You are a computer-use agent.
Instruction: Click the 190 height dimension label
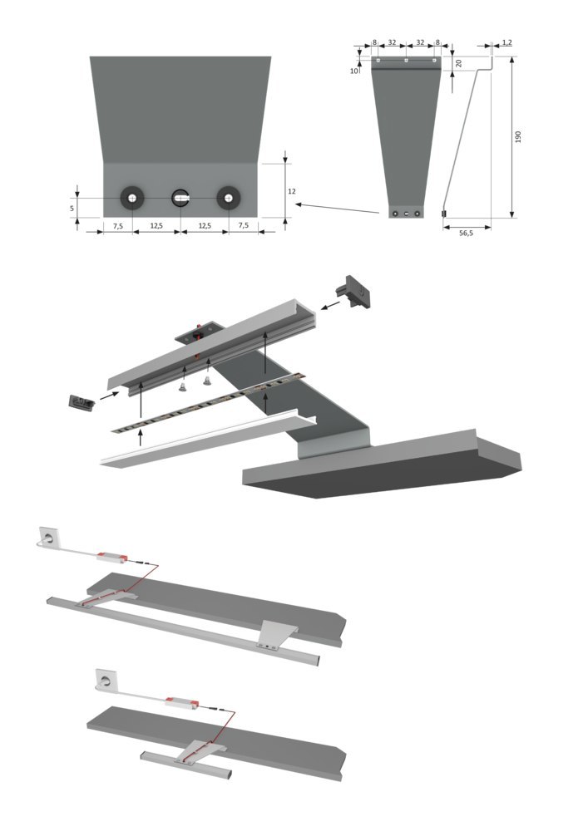pos(517,136)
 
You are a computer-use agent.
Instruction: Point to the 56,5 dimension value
pos(467,234)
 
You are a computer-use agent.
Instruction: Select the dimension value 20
pos(458,63)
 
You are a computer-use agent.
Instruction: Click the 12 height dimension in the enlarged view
pos(291,191)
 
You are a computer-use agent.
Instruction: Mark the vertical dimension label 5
pos(72,207)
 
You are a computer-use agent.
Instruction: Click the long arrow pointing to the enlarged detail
pos(341,207)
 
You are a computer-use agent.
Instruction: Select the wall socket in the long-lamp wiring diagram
pos(47,535)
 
